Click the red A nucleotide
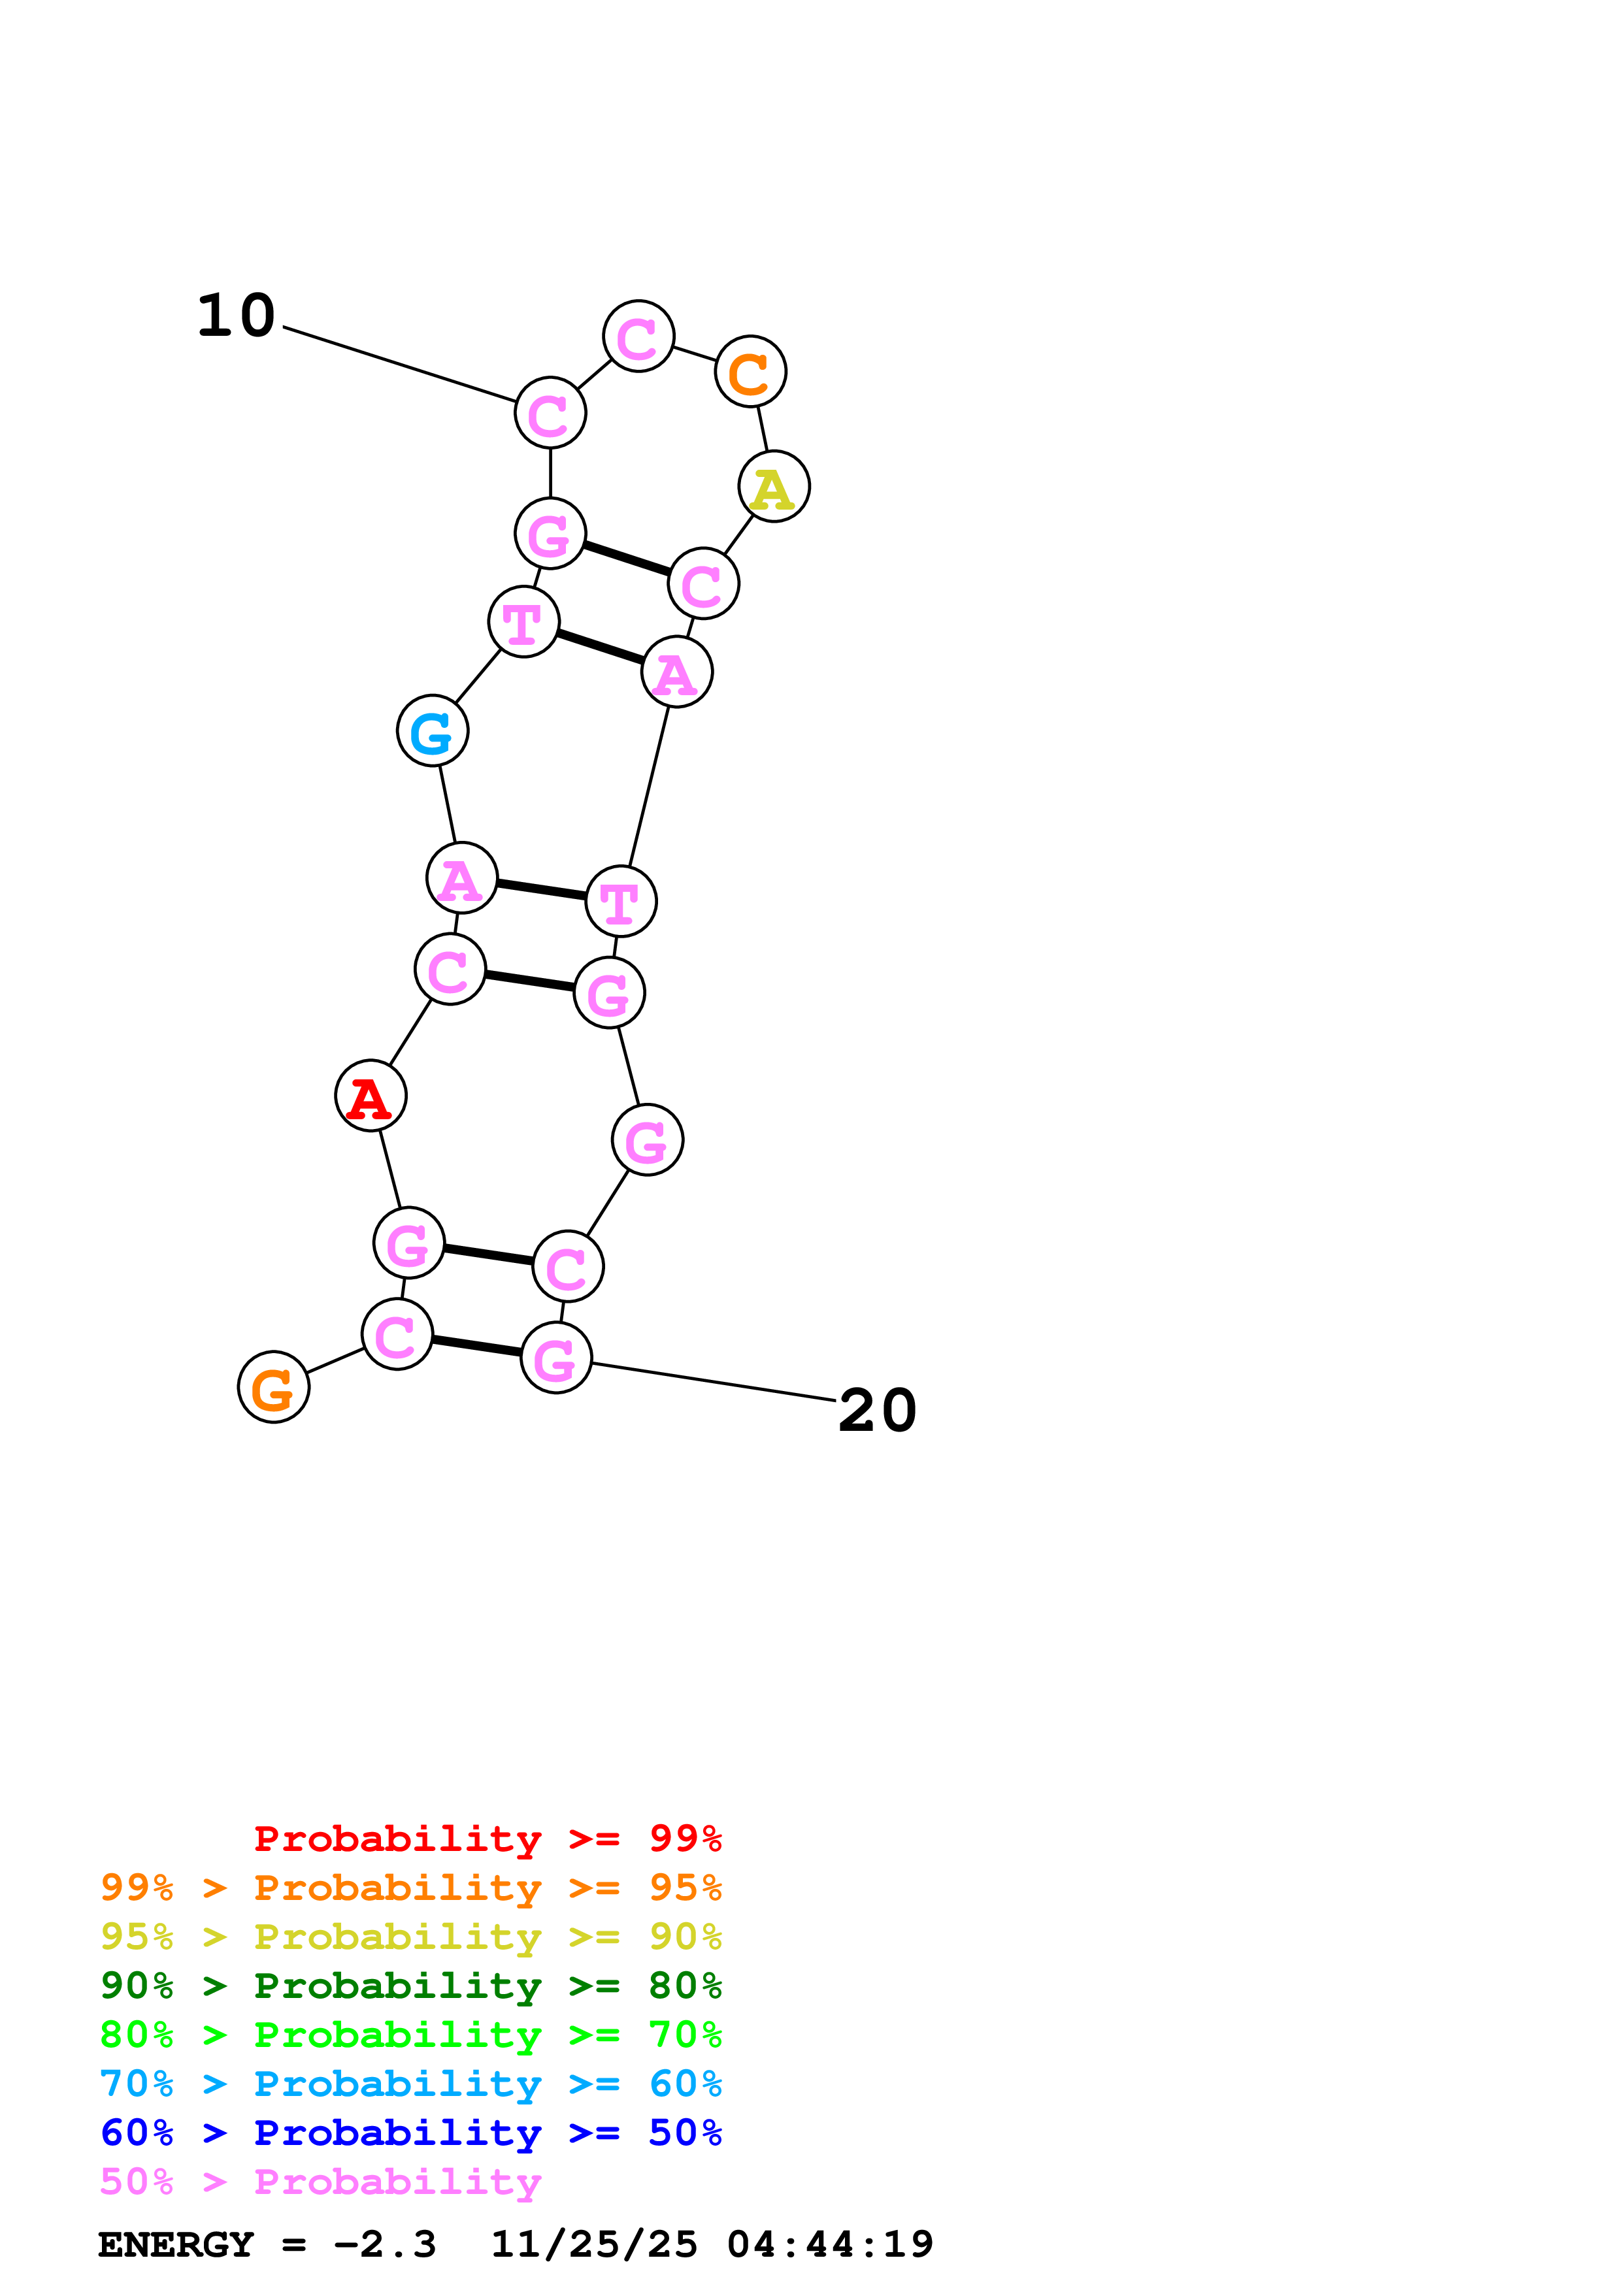coord(371,1096)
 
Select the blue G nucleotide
coord(432,730)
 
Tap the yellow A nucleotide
coord(774,487)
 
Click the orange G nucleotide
coord(274,1388)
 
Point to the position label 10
coord(237,316)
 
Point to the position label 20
coord(878,1411)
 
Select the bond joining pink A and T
coord(541,889)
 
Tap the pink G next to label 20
coord(556,1358)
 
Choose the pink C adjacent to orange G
coord(397,1335)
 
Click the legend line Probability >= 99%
coord(487,1839)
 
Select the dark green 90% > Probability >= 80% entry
coord(410,1986)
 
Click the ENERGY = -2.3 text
coord(267,2245)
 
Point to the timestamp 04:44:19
coord(829,2245)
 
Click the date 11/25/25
coord(594,2245)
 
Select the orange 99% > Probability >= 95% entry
coord(410,1888)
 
